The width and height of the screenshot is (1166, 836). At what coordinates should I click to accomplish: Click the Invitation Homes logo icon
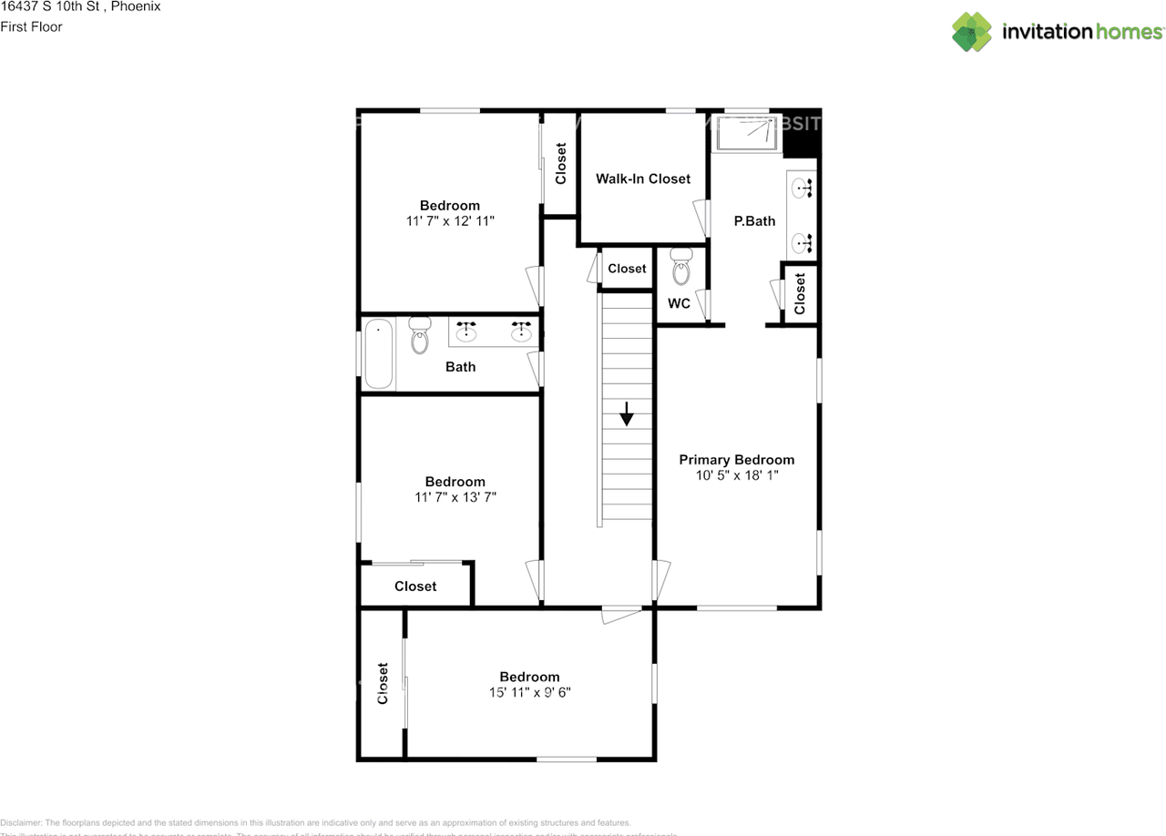coord(972,32)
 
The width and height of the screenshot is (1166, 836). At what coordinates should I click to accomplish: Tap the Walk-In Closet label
coord(643,178)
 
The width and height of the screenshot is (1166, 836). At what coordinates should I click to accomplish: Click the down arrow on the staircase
coord(627,414)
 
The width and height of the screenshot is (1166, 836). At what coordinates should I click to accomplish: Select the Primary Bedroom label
coord(736,460)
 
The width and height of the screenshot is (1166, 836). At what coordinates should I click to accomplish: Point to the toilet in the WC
coord(680,267)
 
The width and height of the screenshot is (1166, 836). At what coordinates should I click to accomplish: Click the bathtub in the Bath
coord(379,353)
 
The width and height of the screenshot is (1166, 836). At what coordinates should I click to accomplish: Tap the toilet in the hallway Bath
coord(420,335)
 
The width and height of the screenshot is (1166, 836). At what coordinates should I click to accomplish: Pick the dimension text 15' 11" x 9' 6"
coord(529,692)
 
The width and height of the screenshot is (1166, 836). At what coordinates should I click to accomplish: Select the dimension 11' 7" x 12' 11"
coord(450,220)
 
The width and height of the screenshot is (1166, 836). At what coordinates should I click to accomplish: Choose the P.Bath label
coord(754,220)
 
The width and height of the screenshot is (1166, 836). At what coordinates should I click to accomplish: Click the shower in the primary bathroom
coord(747,133)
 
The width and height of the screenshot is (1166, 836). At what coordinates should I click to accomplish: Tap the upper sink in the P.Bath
coord(802,189)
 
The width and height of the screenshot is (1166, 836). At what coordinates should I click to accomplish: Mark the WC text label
coord(679,303)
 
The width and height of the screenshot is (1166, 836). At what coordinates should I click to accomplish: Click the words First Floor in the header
coord(31,26)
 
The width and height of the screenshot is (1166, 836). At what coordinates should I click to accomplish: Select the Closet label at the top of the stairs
coord(627,269)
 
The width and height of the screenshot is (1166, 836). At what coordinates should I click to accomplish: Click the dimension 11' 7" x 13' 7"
coord(455,497)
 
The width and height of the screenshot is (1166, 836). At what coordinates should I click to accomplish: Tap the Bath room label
coord(460,367)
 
